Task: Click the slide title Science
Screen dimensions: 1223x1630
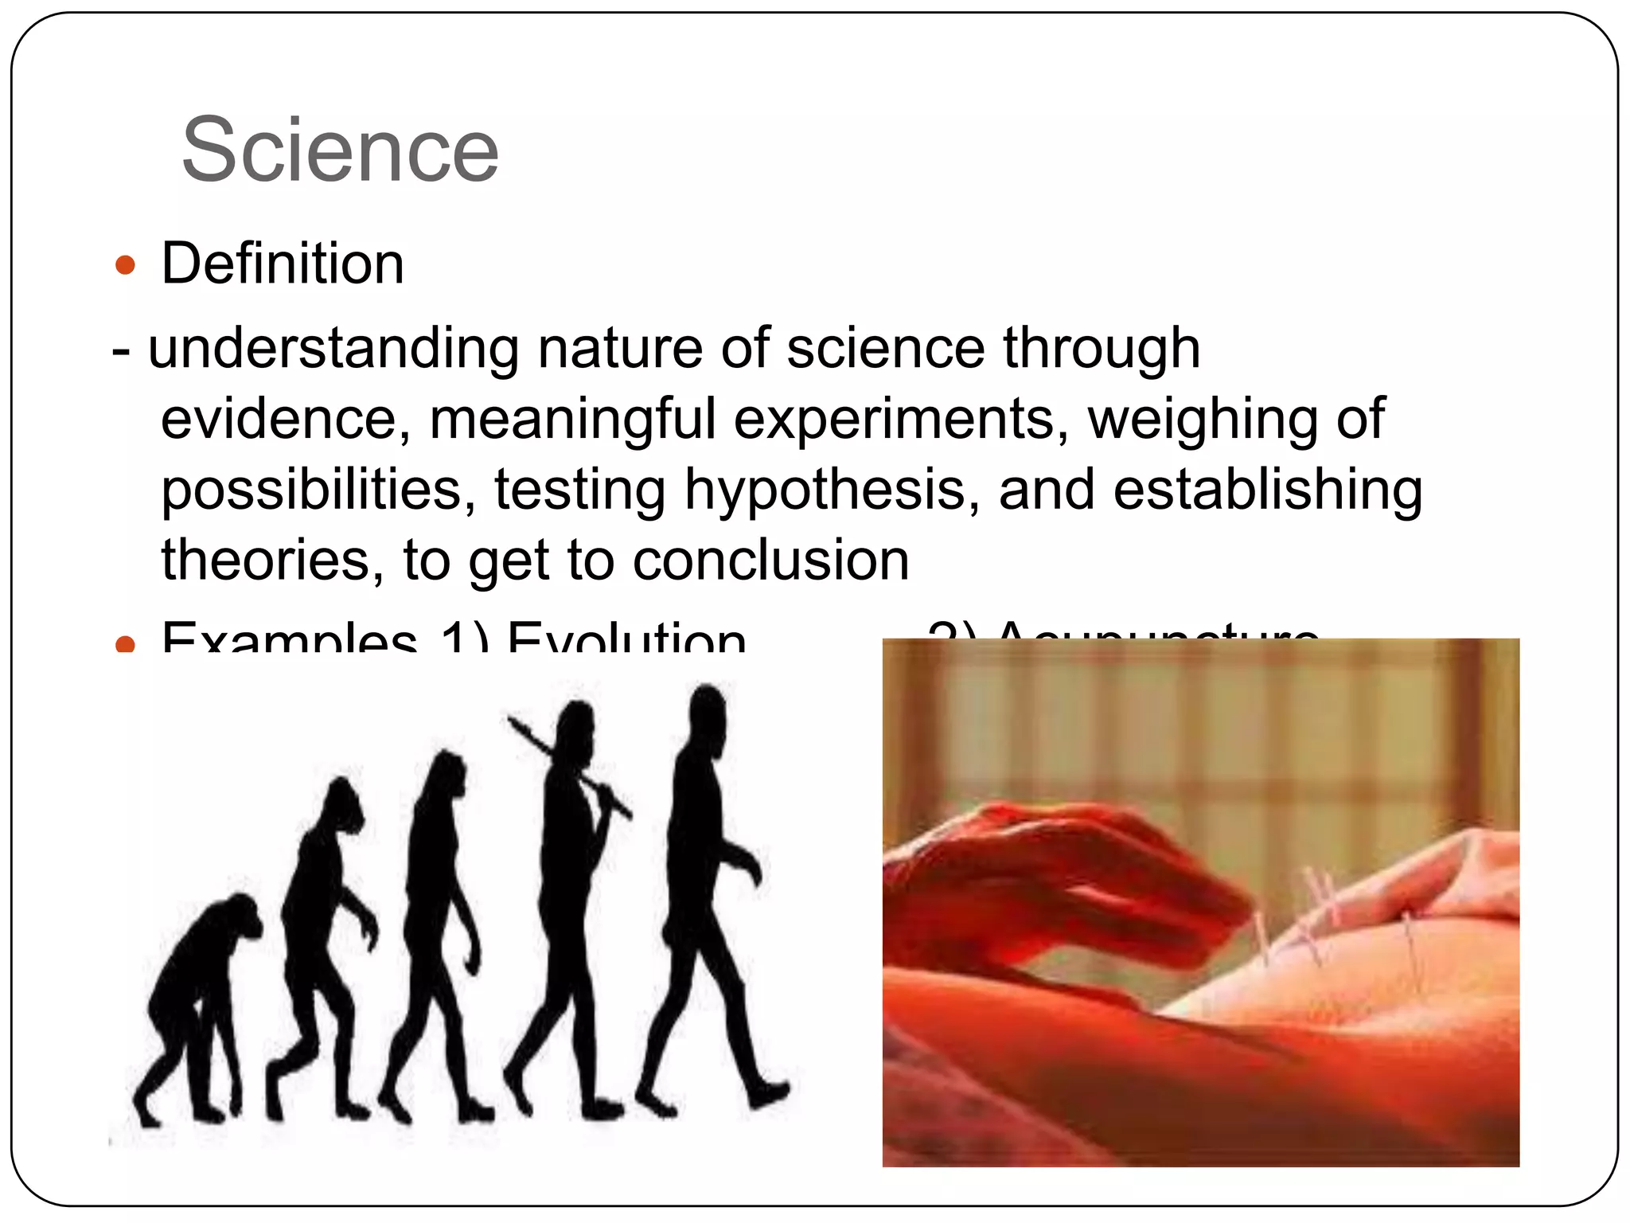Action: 340,150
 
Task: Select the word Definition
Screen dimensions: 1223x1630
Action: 283,264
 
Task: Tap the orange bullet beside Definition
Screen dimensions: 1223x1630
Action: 125,265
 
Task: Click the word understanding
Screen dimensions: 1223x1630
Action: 333,349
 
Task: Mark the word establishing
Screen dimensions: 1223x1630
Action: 1267,489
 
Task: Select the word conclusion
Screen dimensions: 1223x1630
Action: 770,559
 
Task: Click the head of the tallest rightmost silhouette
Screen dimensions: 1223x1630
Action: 706,711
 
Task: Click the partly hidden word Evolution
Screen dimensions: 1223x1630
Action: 626,639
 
